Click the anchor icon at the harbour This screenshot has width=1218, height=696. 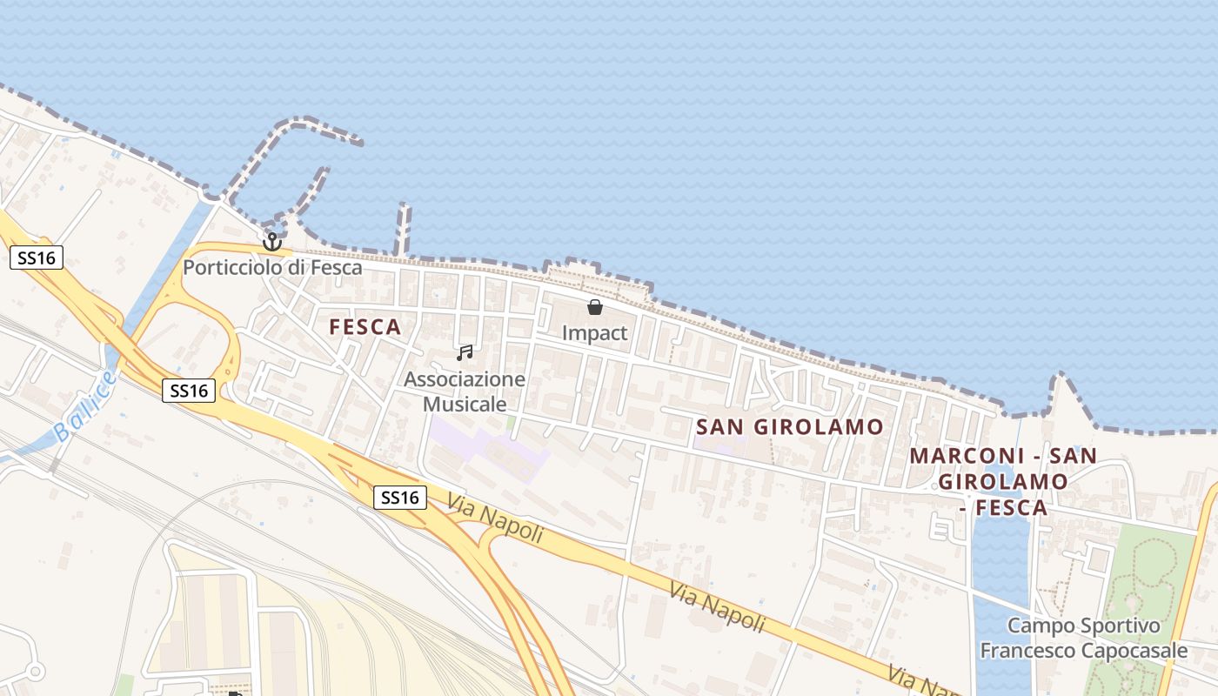click(x=272, y=241)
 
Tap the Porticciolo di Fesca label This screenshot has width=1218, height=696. click(x=272, y=267)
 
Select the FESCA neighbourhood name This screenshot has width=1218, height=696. click(x=365, y=327)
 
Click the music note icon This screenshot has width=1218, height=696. click(x=465, y=352)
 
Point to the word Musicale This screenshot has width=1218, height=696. click(x=465, y=404)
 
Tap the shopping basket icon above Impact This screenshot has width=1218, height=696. click(x=595, y=307)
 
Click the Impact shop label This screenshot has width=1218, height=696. click(x=595, y=332)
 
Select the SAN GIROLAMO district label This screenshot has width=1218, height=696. click(x=790, y=426)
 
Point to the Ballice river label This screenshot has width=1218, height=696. click(x=84, y=406)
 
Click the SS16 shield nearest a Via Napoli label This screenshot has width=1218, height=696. click(x=400, y=498)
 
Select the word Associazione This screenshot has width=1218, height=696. click(x=465, y=379)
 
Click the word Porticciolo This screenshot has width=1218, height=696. click(x=233, y=267)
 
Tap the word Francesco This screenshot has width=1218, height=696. click(x=1023, y=651)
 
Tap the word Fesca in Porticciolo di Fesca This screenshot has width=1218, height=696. click(x=338, y=267)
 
